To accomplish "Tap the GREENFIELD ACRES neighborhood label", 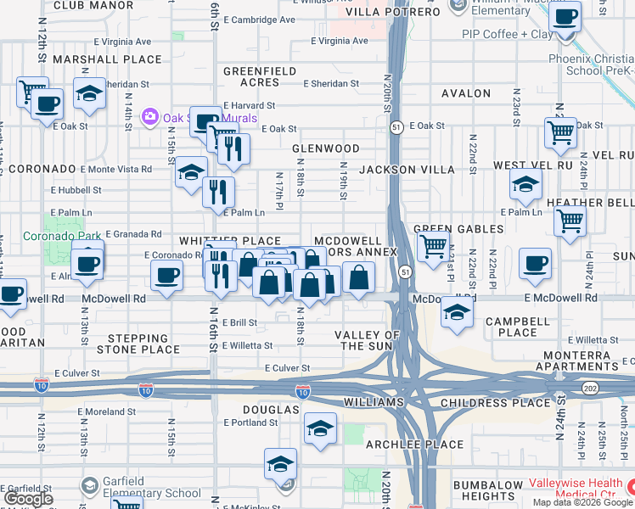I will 252,77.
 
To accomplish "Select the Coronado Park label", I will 53,236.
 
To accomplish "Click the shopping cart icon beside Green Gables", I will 434,247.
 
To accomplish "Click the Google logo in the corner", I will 29,499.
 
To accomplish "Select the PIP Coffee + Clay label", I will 507,34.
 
